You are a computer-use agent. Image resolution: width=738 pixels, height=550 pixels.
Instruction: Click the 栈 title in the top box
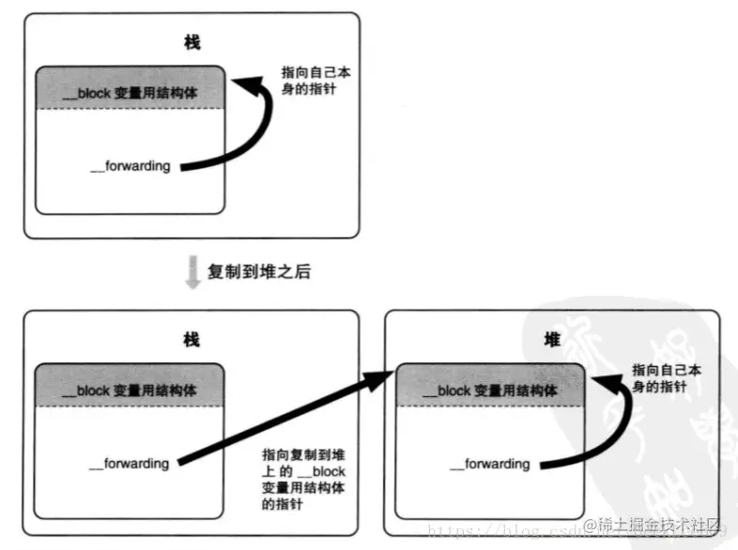[192, 43]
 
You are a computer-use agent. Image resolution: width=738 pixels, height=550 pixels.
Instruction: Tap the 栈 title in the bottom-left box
[192, 340]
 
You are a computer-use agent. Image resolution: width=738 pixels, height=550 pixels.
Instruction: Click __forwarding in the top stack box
[131, 166]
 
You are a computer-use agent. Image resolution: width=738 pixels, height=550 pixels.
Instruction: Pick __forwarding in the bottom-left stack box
[129, 463]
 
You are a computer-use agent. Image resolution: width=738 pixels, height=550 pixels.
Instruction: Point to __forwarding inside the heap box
[490, 464]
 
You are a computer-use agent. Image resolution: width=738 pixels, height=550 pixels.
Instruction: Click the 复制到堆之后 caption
[258, 272]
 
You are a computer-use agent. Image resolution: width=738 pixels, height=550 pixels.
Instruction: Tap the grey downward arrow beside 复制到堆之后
[192, 272]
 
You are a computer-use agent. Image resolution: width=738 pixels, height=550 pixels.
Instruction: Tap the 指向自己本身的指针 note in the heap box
[664, 377]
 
